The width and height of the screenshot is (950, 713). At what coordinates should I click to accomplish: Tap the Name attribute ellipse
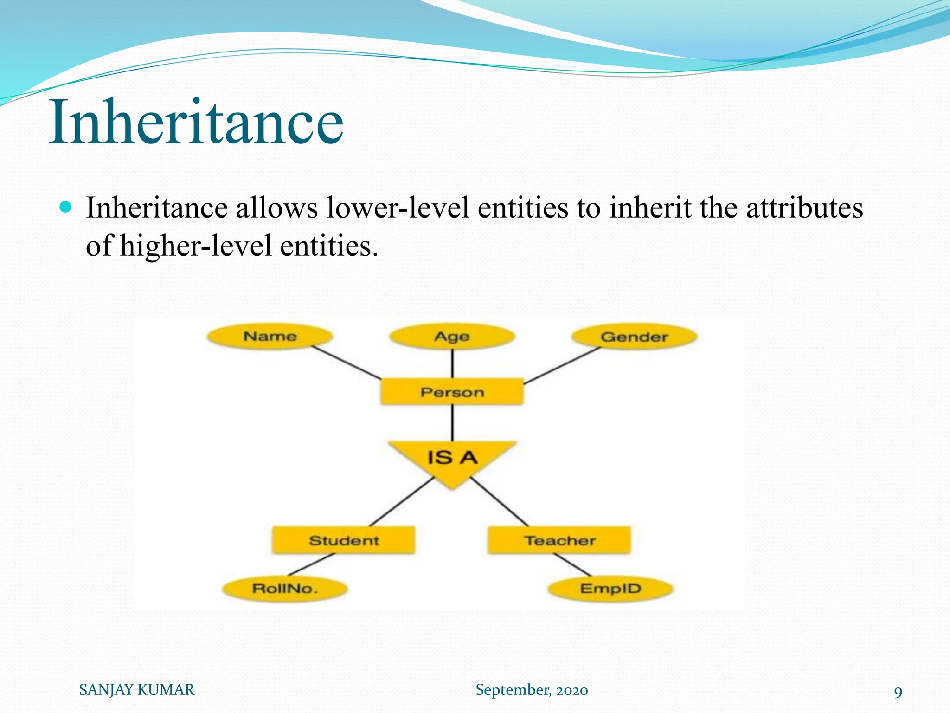tap(270, 337)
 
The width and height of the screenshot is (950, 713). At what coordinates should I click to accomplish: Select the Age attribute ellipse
tap(452, 337)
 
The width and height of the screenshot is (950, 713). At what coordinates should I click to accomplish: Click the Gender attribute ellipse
tap(634, 337)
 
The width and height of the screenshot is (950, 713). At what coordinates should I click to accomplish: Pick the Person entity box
tap(452, 392)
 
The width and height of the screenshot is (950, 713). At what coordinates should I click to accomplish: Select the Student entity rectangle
tap(343, 540)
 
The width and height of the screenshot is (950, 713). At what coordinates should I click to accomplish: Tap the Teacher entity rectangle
tap(559, 540)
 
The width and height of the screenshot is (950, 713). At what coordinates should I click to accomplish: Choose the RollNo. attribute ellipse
tap(285, 589)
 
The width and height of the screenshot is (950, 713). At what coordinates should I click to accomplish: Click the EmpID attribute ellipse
tap(610, 589)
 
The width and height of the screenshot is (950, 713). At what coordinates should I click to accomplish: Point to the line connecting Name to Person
tap(346, 363)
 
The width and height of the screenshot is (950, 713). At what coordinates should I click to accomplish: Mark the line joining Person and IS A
tap(452, 422)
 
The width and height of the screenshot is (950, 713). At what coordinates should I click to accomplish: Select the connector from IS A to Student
tap(402, 502)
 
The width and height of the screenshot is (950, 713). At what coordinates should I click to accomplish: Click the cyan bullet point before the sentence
tap(66, 207)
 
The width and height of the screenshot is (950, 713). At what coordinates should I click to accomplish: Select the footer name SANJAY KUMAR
tap(137, 690)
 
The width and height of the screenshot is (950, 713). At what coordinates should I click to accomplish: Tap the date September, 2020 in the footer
tap(532, 690)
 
